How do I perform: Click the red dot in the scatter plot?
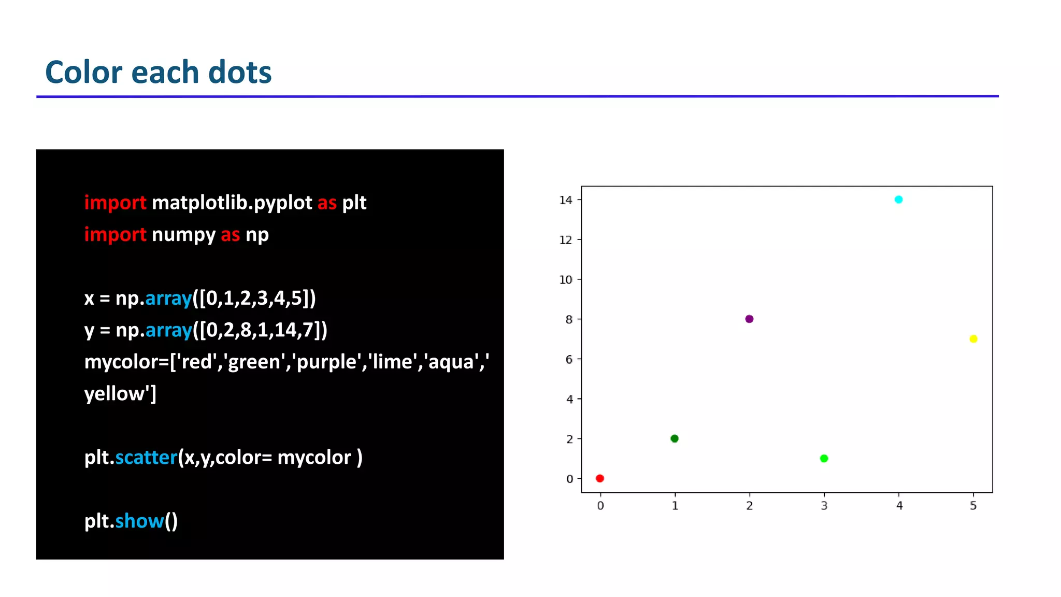[x=600, y=478]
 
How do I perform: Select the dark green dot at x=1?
[x=675, y=438]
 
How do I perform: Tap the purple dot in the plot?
[x=749, y=319]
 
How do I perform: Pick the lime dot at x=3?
[x=824, y=458]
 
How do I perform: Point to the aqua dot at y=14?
[x=899, y=200]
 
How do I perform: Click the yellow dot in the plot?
[x=973, y=339]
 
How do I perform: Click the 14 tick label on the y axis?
[x=566, y=200]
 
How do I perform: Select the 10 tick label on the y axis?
[x=566, y=280]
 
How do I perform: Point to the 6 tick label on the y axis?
[x=569, y=360]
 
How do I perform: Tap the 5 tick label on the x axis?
[x=973, y=506]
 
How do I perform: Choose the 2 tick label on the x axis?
[x=750, y=506]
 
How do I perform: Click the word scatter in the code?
[x=146, y=458]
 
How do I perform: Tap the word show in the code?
[x=139, y=521]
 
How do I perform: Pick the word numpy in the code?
[x=183, y=235]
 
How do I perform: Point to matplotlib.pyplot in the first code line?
[x=232, y=203]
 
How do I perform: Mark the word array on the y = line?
[x=169, y=330]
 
